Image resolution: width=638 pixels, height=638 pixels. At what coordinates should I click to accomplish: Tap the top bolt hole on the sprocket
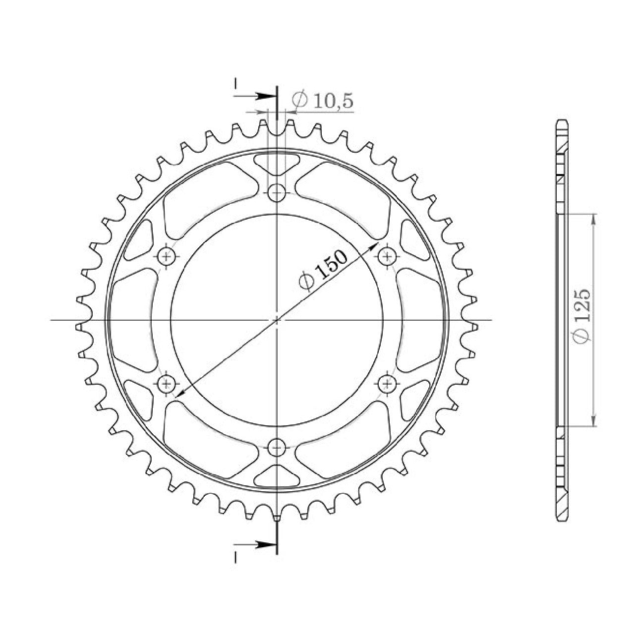[x=277, y=193]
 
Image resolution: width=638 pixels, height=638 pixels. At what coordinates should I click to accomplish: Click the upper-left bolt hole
[x=166, y=256]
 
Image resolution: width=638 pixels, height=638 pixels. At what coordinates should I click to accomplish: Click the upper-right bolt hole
[x=387, y=256]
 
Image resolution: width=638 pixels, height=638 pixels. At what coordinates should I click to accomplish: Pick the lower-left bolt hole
[x=166, y=384]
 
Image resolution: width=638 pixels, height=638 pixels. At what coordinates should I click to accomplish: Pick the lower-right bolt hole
[x=387, y=384]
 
